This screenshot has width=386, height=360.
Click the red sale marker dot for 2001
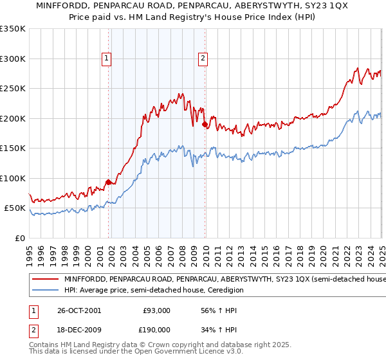tap(108, 183)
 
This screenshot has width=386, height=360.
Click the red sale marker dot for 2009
tap(205, 125)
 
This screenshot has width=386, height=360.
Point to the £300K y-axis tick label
tap(12, 59)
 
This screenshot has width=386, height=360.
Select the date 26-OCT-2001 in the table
tap(79, 310)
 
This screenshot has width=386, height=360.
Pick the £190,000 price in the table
tap(156, 331)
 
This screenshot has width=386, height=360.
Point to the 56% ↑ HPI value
tap(211, 310)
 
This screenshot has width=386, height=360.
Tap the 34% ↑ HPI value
tap(211, 331)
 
